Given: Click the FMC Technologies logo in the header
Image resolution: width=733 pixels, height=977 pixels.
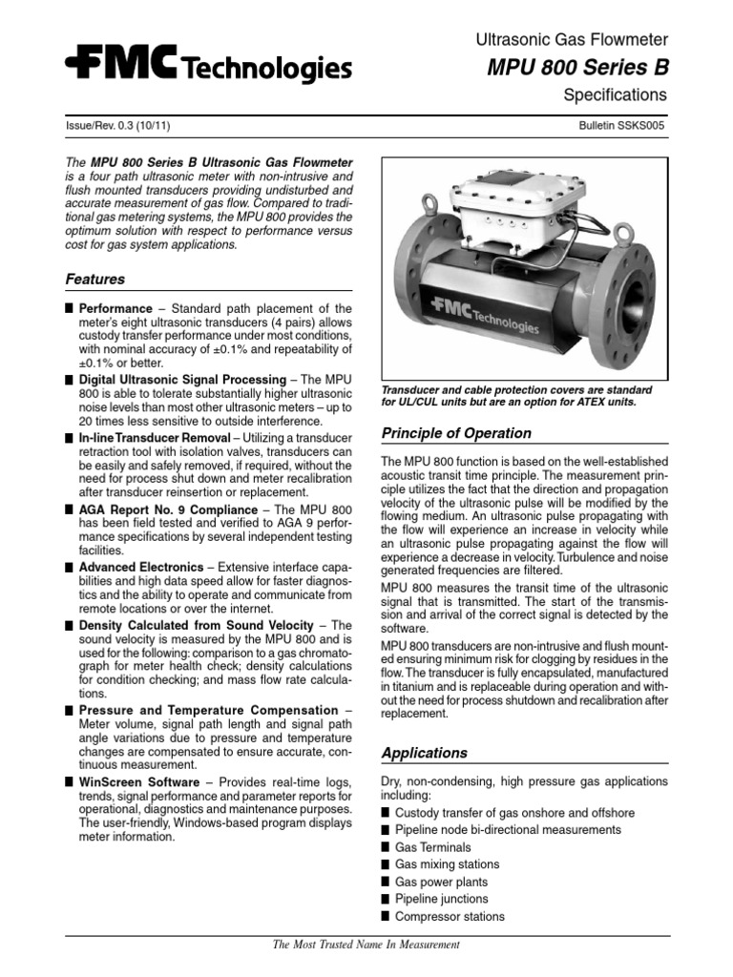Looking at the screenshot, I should [208, 67].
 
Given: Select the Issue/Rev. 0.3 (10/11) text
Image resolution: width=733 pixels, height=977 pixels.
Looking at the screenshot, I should [118, 126].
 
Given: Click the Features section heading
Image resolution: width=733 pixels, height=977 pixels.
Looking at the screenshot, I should [94, 280].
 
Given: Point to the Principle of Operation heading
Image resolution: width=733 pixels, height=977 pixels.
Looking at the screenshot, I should [456, 433].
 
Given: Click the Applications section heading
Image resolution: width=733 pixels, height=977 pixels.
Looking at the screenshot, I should [424, 753].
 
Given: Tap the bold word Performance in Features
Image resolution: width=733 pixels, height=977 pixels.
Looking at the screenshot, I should [115, 309].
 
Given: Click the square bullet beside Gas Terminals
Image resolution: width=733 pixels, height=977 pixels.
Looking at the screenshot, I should [386, 847].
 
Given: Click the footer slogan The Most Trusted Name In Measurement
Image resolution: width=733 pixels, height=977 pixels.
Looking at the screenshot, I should [366, 945].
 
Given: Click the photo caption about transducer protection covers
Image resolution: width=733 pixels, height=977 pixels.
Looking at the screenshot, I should [516, 396].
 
